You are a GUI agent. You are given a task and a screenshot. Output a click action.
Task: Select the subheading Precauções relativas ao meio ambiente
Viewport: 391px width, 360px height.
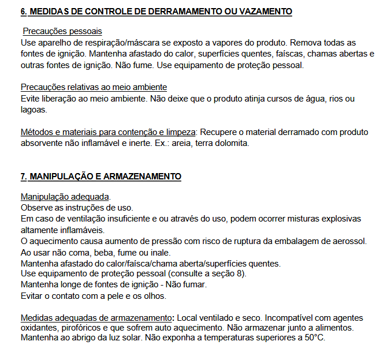[x=94, y=87]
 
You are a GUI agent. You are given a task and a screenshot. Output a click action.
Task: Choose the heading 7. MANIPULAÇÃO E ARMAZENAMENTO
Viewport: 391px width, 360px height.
[x=101, y=176]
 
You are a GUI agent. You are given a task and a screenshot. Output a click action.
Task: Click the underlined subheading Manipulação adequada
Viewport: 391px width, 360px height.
[x=65, y=196]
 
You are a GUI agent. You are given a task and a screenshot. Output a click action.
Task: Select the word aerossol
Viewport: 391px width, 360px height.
[x=348, y=241]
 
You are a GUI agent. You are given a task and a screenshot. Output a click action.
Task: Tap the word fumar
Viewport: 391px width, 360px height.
[x=194, y=285]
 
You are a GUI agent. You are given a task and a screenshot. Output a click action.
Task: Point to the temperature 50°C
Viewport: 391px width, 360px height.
[x=312, y=337]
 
